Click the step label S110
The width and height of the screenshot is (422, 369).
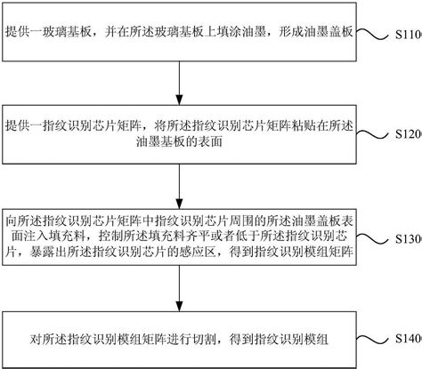point(409,35)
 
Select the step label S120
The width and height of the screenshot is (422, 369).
point(409,134)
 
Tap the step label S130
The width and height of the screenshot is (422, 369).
point(409,239)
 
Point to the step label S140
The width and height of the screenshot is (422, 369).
point(409,339)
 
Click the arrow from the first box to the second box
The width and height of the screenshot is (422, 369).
point(179,83)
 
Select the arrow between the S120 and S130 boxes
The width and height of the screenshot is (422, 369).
point(179,186)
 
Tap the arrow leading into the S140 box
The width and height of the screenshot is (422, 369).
point(179,288)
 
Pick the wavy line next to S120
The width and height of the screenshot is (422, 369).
point(372,134)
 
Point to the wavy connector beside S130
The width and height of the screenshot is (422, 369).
point(372,238)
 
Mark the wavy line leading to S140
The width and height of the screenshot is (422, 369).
point(372,340)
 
